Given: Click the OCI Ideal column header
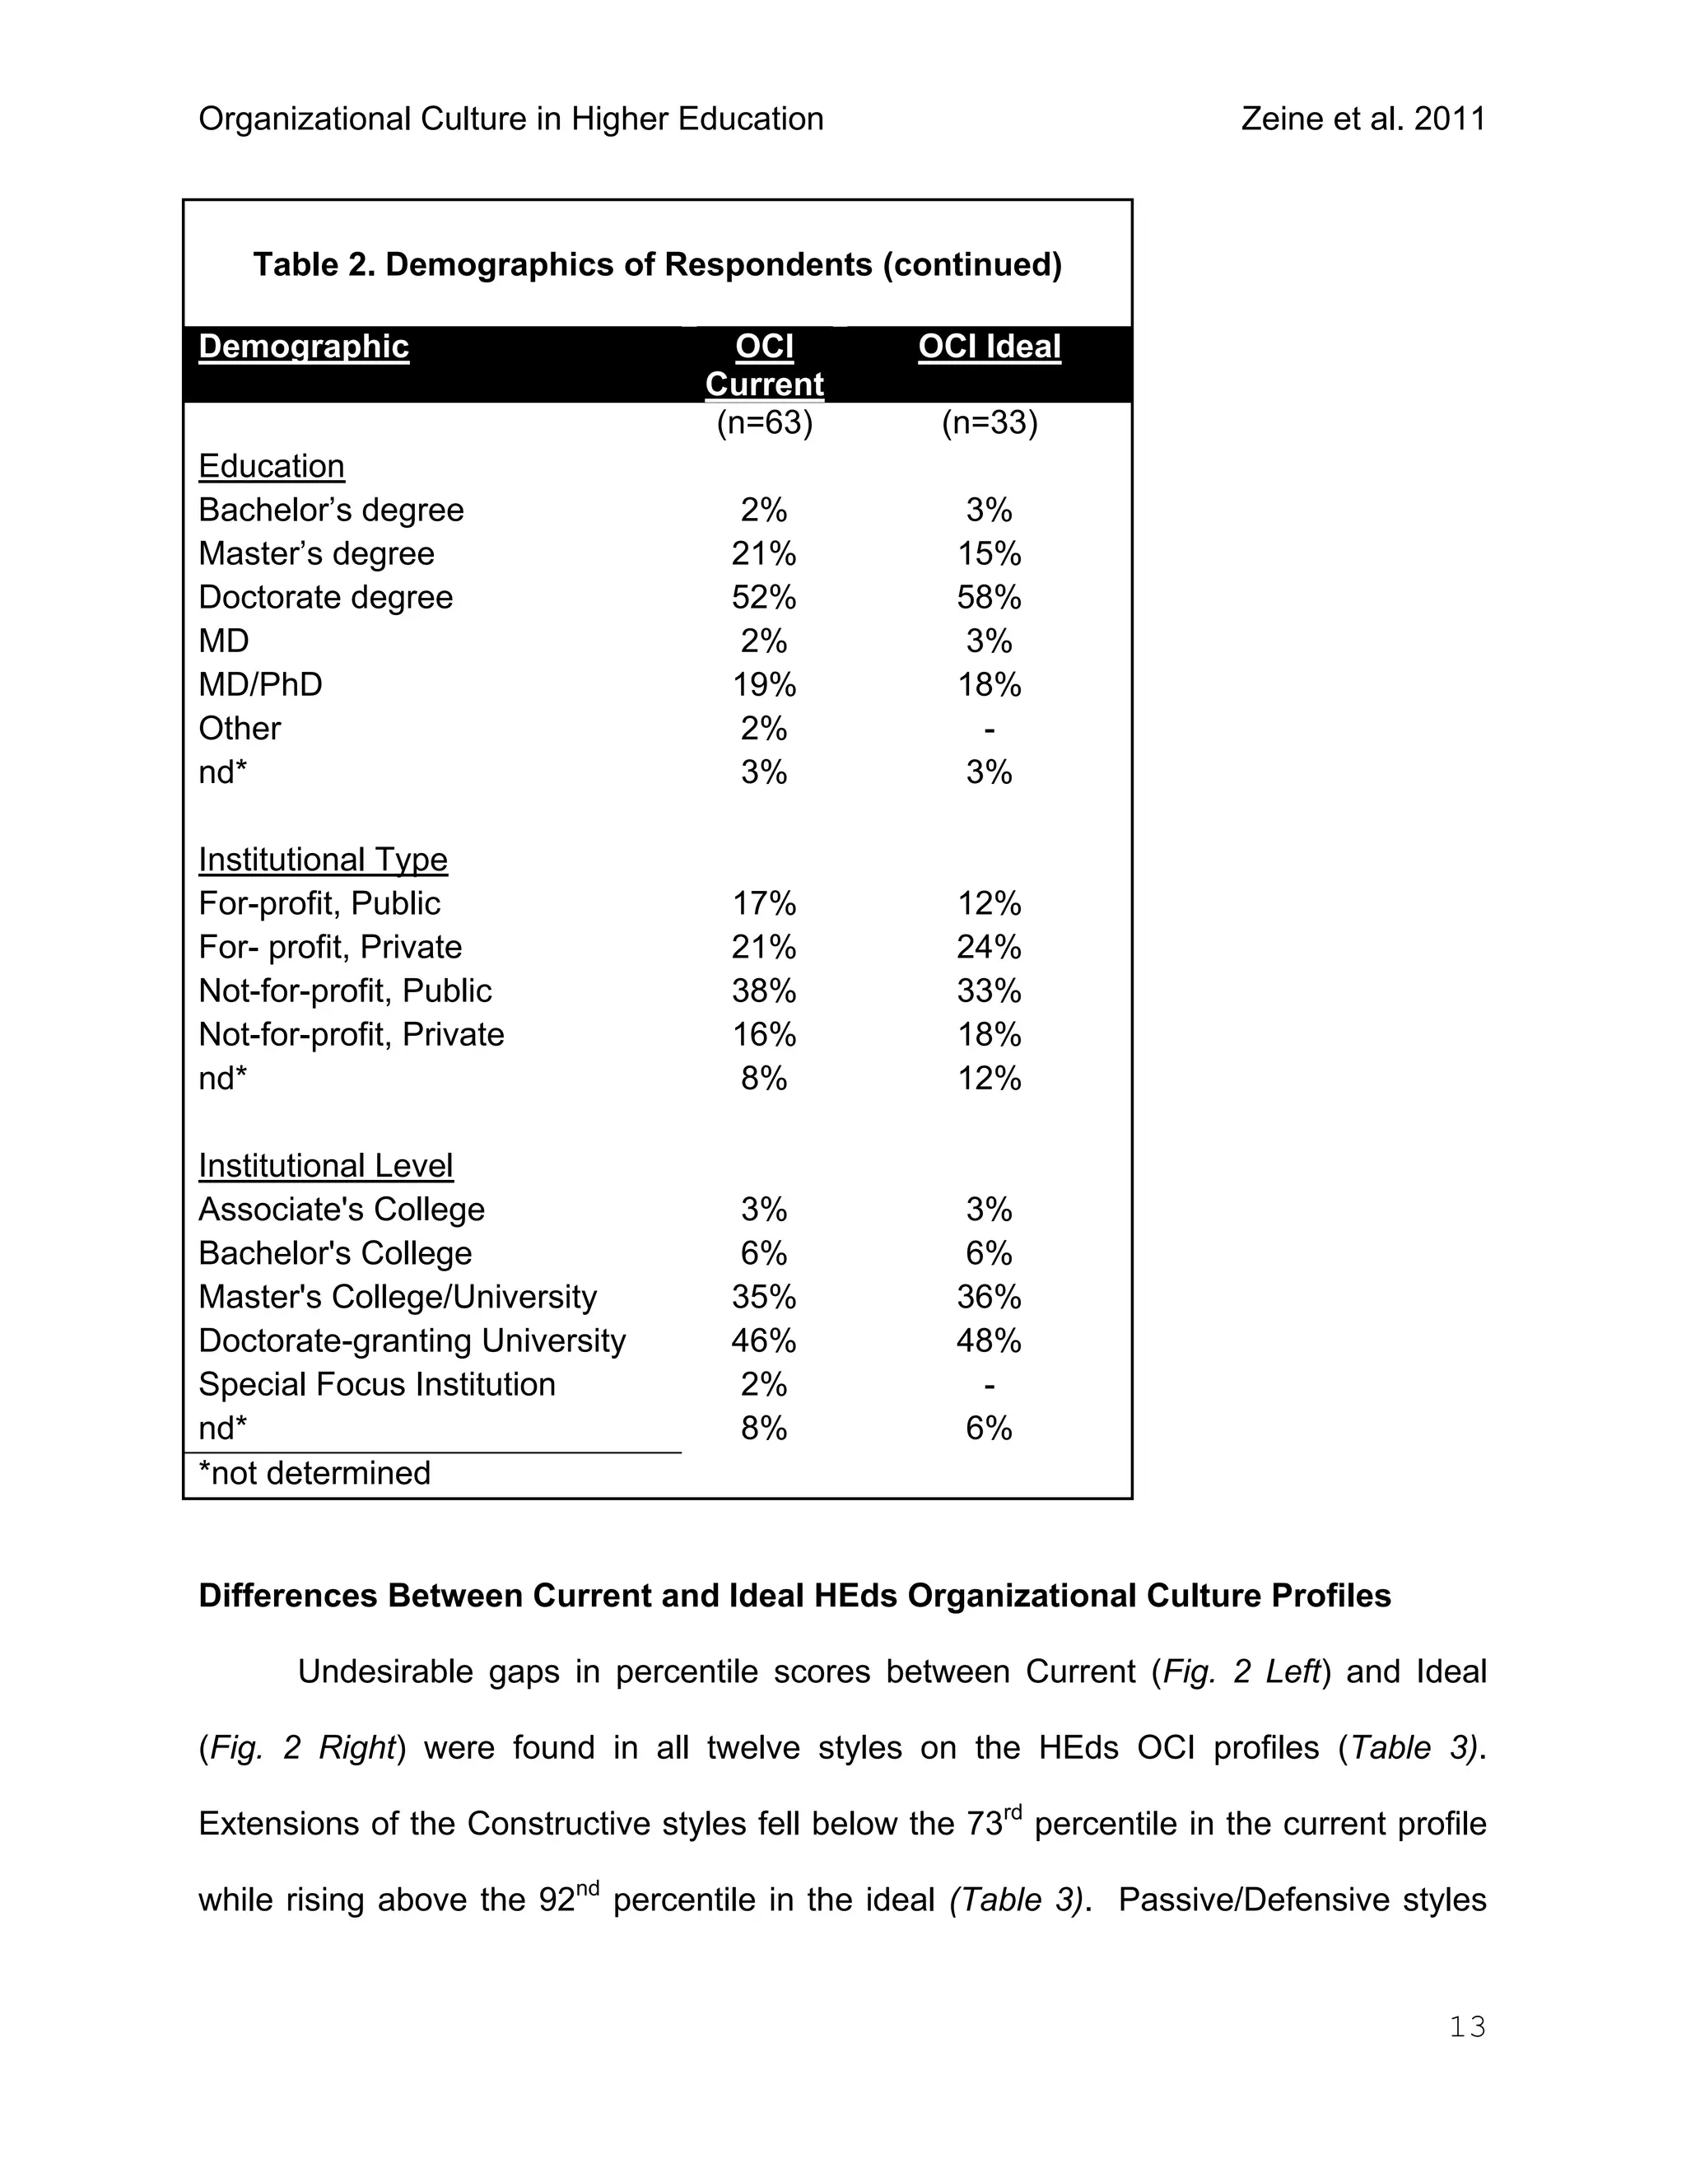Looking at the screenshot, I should [x=989, y=347].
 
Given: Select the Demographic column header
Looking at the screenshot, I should [x=304, y=347].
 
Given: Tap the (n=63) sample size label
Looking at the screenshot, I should [x=764, y=422].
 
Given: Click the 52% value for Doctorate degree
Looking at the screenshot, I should [x=764, y=598].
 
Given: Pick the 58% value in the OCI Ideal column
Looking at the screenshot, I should [x=989, y=598].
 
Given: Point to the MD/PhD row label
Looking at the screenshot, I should [x=261, y=684].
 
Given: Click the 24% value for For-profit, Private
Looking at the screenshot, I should [x=989, y=947].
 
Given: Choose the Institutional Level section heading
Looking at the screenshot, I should [x=326, y=1166].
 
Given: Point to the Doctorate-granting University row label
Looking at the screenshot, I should [x=412, y=1340].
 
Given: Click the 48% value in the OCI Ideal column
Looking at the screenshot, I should [x=989, y=1340].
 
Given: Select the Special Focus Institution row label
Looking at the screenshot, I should [x=376, y=1385].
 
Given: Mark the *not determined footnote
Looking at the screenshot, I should [x=314, y=1474].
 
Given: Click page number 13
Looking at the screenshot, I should [x=1467, y=2027].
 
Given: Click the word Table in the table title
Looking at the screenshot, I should [x=291, y=265].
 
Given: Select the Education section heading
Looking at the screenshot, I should [x=272, y=467].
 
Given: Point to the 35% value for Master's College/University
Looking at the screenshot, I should [x=764, y=1297].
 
